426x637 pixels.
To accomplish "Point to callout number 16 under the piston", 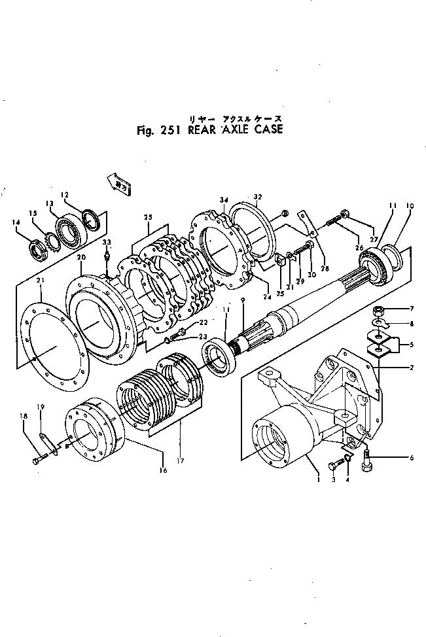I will tap(164, 470).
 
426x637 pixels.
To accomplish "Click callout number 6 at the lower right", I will tap(412, 458).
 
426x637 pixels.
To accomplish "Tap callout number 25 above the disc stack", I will tap(148, 216).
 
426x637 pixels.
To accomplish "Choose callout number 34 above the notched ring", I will tap(224, 200).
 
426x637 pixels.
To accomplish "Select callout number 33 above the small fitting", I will tap(107, 241).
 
